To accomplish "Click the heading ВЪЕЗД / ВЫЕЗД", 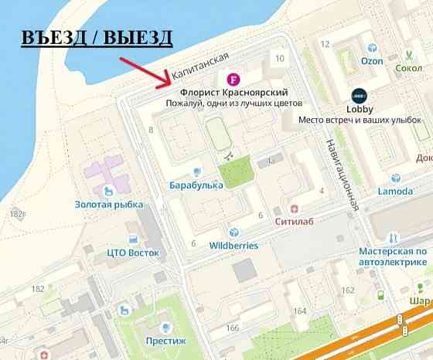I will (x=96, y=38).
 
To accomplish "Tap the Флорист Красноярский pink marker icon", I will (x=232, y=80).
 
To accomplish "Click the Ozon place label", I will (x=372, y=61).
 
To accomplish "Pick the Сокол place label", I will (x=408, y=68).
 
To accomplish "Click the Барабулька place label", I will (x=197, y=185).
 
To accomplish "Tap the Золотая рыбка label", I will (x=109, y=205).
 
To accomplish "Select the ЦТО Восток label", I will (x=134, y=252).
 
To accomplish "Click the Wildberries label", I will (x=234, y=246).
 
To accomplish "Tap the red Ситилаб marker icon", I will (x=294, y=209).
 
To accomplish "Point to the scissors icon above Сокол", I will (x=408, y=55).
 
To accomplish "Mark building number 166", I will (x=232, y=328).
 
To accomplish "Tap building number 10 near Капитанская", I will (x=279, y=59).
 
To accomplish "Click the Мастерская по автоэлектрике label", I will (x=392, y=256).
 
